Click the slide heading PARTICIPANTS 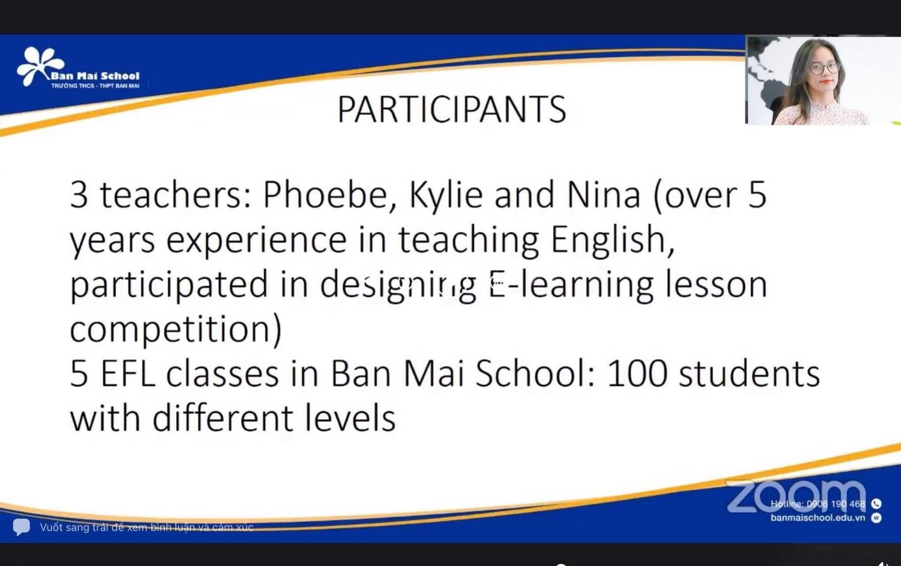(451, 109)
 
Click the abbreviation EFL (128, 374)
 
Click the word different (223, 418)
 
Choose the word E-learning (572, 285)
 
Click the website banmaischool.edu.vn (817, 518)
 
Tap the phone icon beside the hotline (876, 504)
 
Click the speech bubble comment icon (21, 527)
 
